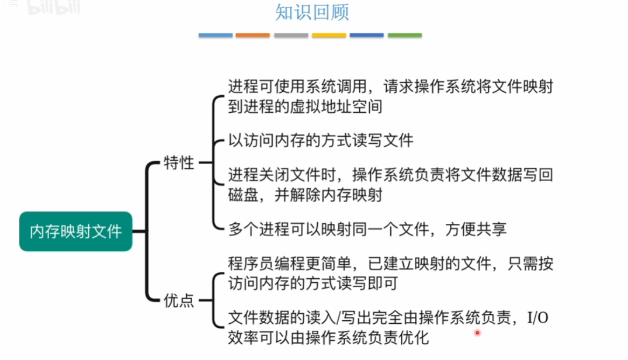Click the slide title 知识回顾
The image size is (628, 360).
(312, 12)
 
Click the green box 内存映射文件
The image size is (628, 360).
(76, 231)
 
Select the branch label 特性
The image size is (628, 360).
(179, 162)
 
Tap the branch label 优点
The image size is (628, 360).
(179, 300)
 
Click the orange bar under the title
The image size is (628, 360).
(253, 35)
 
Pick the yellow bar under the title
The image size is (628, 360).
(329, 35)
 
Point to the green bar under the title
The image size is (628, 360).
(405, 35)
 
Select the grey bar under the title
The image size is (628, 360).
(291, 35)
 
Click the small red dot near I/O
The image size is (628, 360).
(477, 333)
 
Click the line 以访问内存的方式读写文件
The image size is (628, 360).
(321, 141)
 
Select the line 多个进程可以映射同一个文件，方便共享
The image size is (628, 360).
(367, 230)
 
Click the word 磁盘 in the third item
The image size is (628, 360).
(243, 195)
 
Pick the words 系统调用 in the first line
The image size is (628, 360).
(336, 86)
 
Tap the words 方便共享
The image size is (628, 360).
(476, 230)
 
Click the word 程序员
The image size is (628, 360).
(251, 264)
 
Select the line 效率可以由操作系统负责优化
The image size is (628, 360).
(328, 338)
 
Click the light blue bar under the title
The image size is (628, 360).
(216, 35)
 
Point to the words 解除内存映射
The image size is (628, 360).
(336, 195)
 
